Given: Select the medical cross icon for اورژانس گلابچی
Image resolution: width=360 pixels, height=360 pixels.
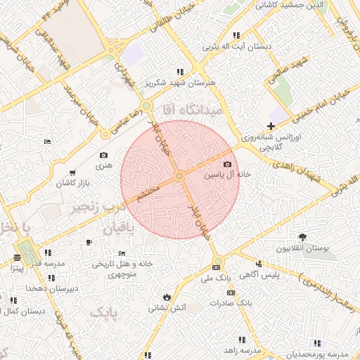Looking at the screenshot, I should point(271,126).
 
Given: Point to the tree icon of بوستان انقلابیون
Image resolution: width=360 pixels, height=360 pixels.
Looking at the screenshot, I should point(303,237).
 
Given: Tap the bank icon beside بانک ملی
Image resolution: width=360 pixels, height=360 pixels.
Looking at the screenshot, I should point(216,267).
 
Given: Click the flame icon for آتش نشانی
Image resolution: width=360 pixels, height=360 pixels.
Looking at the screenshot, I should point(166,296).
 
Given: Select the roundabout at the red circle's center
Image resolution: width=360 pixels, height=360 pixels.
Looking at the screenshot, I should point(180,175).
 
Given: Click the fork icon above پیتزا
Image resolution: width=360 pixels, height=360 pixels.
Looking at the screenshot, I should point(17,257).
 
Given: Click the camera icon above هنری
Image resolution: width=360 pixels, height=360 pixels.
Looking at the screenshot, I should point(104,155).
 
